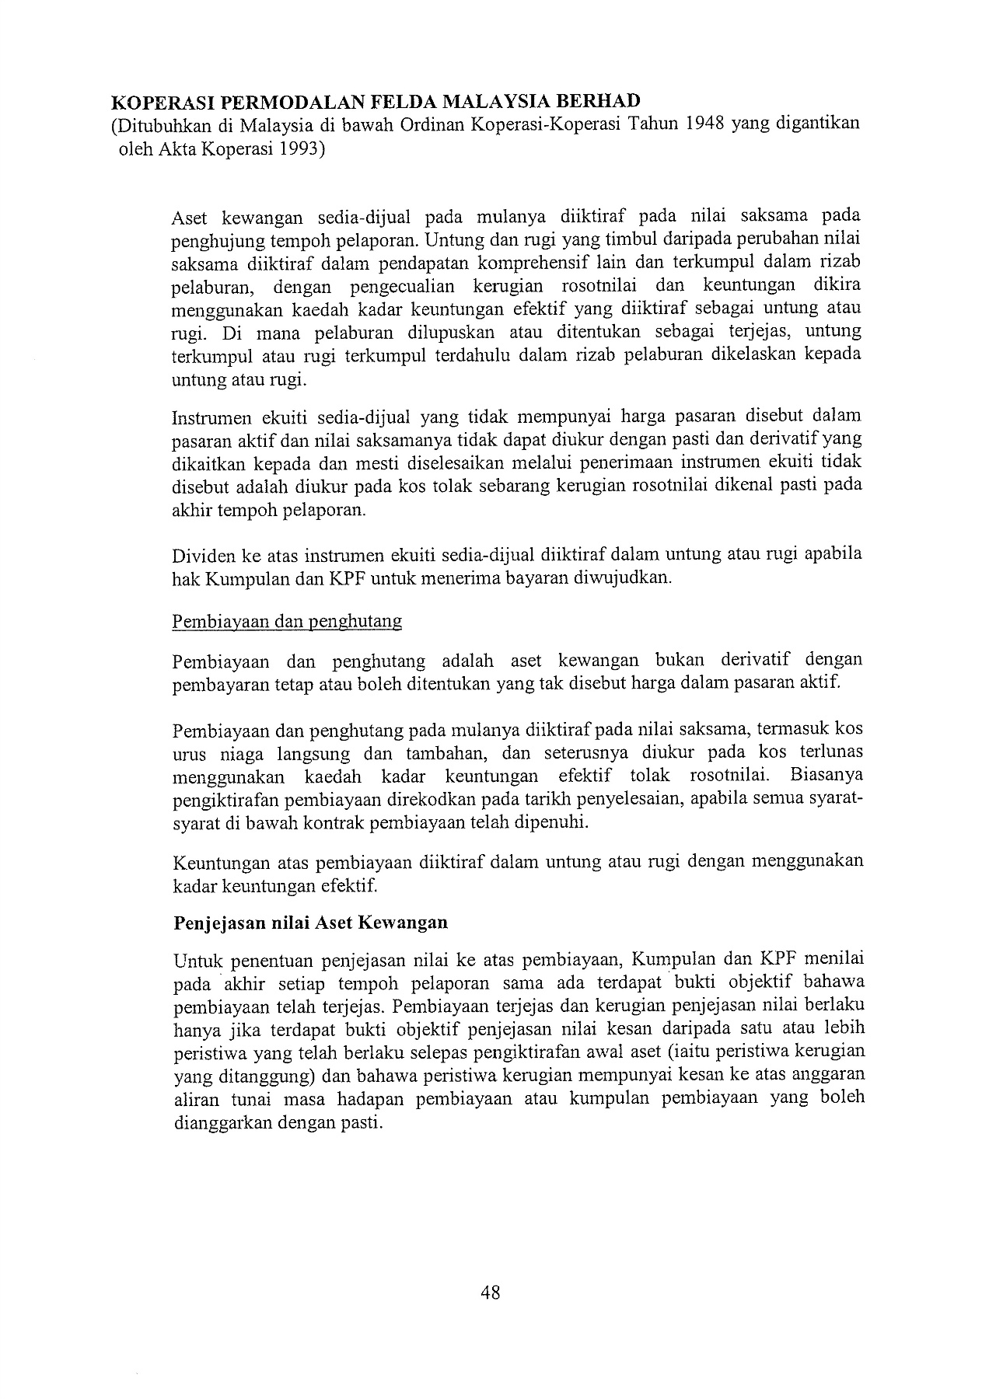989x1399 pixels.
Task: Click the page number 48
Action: click(491, 1293)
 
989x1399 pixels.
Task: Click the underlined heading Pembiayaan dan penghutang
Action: click(287, 622)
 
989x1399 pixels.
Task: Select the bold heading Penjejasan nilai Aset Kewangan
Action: click(310, 923)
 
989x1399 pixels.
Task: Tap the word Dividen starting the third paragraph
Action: click(199, 556)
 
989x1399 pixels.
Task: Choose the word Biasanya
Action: click(826, 776)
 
